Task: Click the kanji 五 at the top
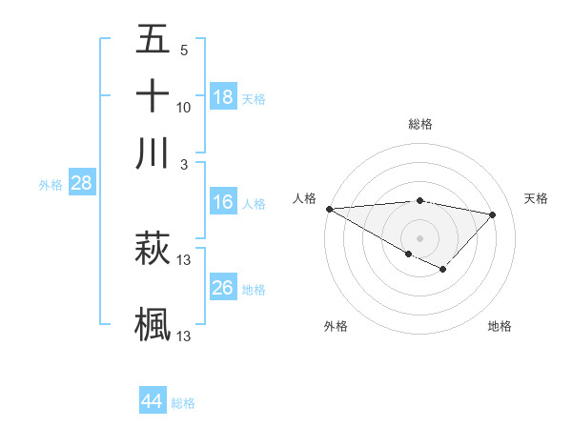153,41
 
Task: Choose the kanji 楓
153,323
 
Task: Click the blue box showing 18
223,97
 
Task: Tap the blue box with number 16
223,202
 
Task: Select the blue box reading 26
223,289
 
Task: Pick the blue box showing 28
82,184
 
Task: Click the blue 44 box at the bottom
153,401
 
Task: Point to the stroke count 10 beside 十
184,107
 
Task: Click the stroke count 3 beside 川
184,163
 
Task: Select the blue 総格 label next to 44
183,403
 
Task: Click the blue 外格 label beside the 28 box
51,186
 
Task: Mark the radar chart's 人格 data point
329,208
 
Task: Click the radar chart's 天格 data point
493,214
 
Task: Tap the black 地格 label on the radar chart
500,327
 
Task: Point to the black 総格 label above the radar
419,124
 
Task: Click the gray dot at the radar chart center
419,236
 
